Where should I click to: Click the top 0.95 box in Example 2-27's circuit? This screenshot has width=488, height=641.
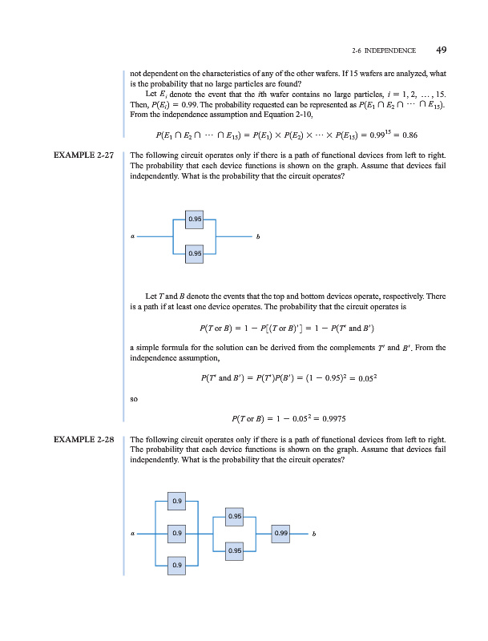coord(195,218)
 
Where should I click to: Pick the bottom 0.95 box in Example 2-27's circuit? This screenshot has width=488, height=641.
coord(195,253)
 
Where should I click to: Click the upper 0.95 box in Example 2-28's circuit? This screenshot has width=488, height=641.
coord(234,516)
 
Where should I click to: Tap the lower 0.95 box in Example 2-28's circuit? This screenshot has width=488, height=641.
coord(234,550)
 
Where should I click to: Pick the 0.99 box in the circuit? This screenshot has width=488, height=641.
coord(280,533)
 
